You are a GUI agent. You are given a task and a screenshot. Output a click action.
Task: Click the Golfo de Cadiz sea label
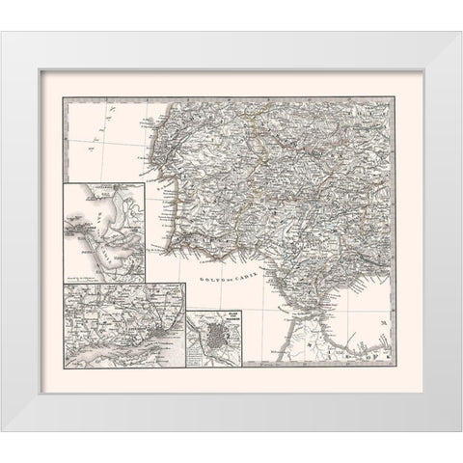pos(229,277)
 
